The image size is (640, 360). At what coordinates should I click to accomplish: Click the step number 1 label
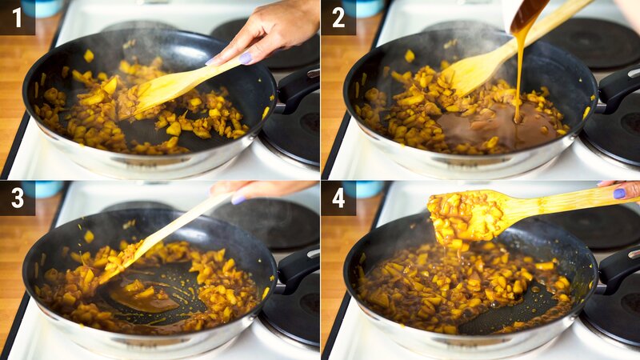pos(17,18)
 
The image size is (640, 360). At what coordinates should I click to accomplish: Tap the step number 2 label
pos(338,18)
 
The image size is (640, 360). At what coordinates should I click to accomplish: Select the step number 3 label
pos(17,198)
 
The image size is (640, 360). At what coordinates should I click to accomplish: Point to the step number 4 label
pos(338,198)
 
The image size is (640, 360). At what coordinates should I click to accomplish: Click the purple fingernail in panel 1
pos(246,58)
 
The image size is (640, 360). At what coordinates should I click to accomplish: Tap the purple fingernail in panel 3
pos(238,199)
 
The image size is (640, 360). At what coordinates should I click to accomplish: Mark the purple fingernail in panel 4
pos(619,194)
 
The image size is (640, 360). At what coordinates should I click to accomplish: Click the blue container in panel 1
pos(42,8)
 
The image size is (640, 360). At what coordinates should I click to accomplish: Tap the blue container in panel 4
pos(363,189)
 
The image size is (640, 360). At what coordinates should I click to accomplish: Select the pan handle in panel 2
pos(618,89)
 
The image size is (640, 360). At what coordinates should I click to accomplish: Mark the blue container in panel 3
pos(44,189)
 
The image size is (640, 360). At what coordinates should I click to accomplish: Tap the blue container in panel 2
pos(362,8)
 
